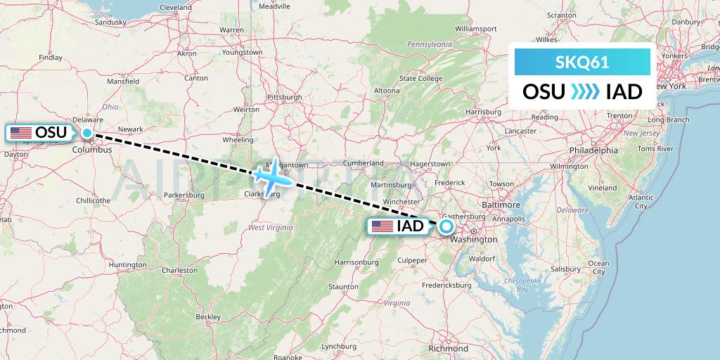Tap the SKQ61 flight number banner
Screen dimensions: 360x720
point(582,62)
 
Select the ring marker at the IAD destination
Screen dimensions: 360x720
point(446,226)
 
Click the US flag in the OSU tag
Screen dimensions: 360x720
point(21,132)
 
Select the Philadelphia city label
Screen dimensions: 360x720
point(594,150)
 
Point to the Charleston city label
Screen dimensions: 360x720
point(179,269)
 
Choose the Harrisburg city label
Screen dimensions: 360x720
point(482,111)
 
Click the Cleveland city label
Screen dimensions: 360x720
point(176,7)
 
